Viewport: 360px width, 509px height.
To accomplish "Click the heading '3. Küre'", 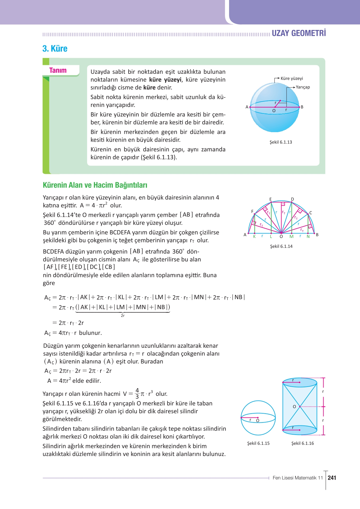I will coord(55,49).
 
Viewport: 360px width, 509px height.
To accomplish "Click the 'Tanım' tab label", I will coord(58,71).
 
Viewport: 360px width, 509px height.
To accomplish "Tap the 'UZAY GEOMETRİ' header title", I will coord(299,33).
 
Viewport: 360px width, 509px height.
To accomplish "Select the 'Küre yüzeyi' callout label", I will coord(292,79).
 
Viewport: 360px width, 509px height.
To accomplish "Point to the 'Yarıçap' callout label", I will coord(303,87).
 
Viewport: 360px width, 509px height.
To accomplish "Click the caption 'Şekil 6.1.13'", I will coord(281,142).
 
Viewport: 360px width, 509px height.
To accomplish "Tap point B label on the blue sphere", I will coord(302,107).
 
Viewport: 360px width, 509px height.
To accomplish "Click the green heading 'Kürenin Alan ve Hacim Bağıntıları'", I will coord(95,185).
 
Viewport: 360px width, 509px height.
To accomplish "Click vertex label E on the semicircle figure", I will coord(271,199).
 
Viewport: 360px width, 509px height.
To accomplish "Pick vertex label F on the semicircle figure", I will coord(252,212).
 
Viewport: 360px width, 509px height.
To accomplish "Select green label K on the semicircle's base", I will coord(254,236).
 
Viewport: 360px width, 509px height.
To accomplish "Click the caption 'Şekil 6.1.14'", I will coord(281,247).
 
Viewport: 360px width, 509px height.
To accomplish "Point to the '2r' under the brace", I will coord(123,316).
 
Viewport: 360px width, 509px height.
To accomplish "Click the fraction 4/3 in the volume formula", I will coord(137,394).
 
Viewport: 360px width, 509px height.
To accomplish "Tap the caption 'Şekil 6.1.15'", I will coord(258,444).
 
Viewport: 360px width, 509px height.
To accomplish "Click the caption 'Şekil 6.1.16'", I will coord(303,444).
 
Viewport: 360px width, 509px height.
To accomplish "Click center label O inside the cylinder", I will coord(294,407).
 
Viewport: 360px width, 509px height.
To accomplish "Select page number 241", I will coord(332,478).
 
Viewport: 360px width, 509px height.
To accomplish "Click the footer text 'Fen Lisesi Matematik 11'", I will coord(297,478).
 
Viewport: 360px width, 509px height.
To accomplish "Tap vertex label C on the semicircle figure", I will coord(311,213).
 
